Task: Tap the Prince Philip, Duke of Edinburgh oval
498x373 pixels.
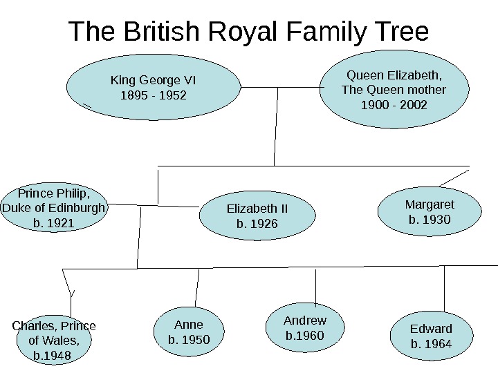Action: [x=55, y=207]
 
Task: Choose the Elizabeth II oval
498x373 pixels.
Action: [x=257, y=216]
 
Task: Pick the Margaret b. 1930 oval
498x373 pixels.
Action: [x=430, y=212]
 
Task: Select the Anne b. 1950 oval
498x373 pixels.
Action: [x=189, y=332]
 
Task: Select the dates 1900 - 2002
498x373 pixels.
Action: [x=395, y=105]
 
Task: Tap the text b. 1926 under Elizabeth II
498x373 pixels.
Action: [x=257, y=223]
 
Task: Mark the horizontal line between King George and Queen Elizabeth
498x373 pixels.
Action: [x=277, y=88]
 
